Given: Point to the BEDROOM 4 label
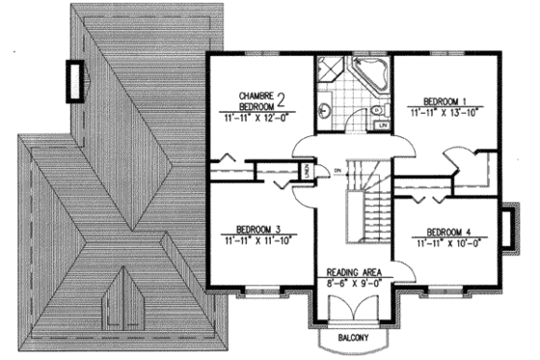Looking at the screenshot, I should (452, 233).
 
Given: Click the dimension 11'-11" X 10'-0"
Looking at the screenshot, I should (452, 245).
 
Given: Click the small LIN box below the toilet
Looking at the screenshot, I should (382, 125).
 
